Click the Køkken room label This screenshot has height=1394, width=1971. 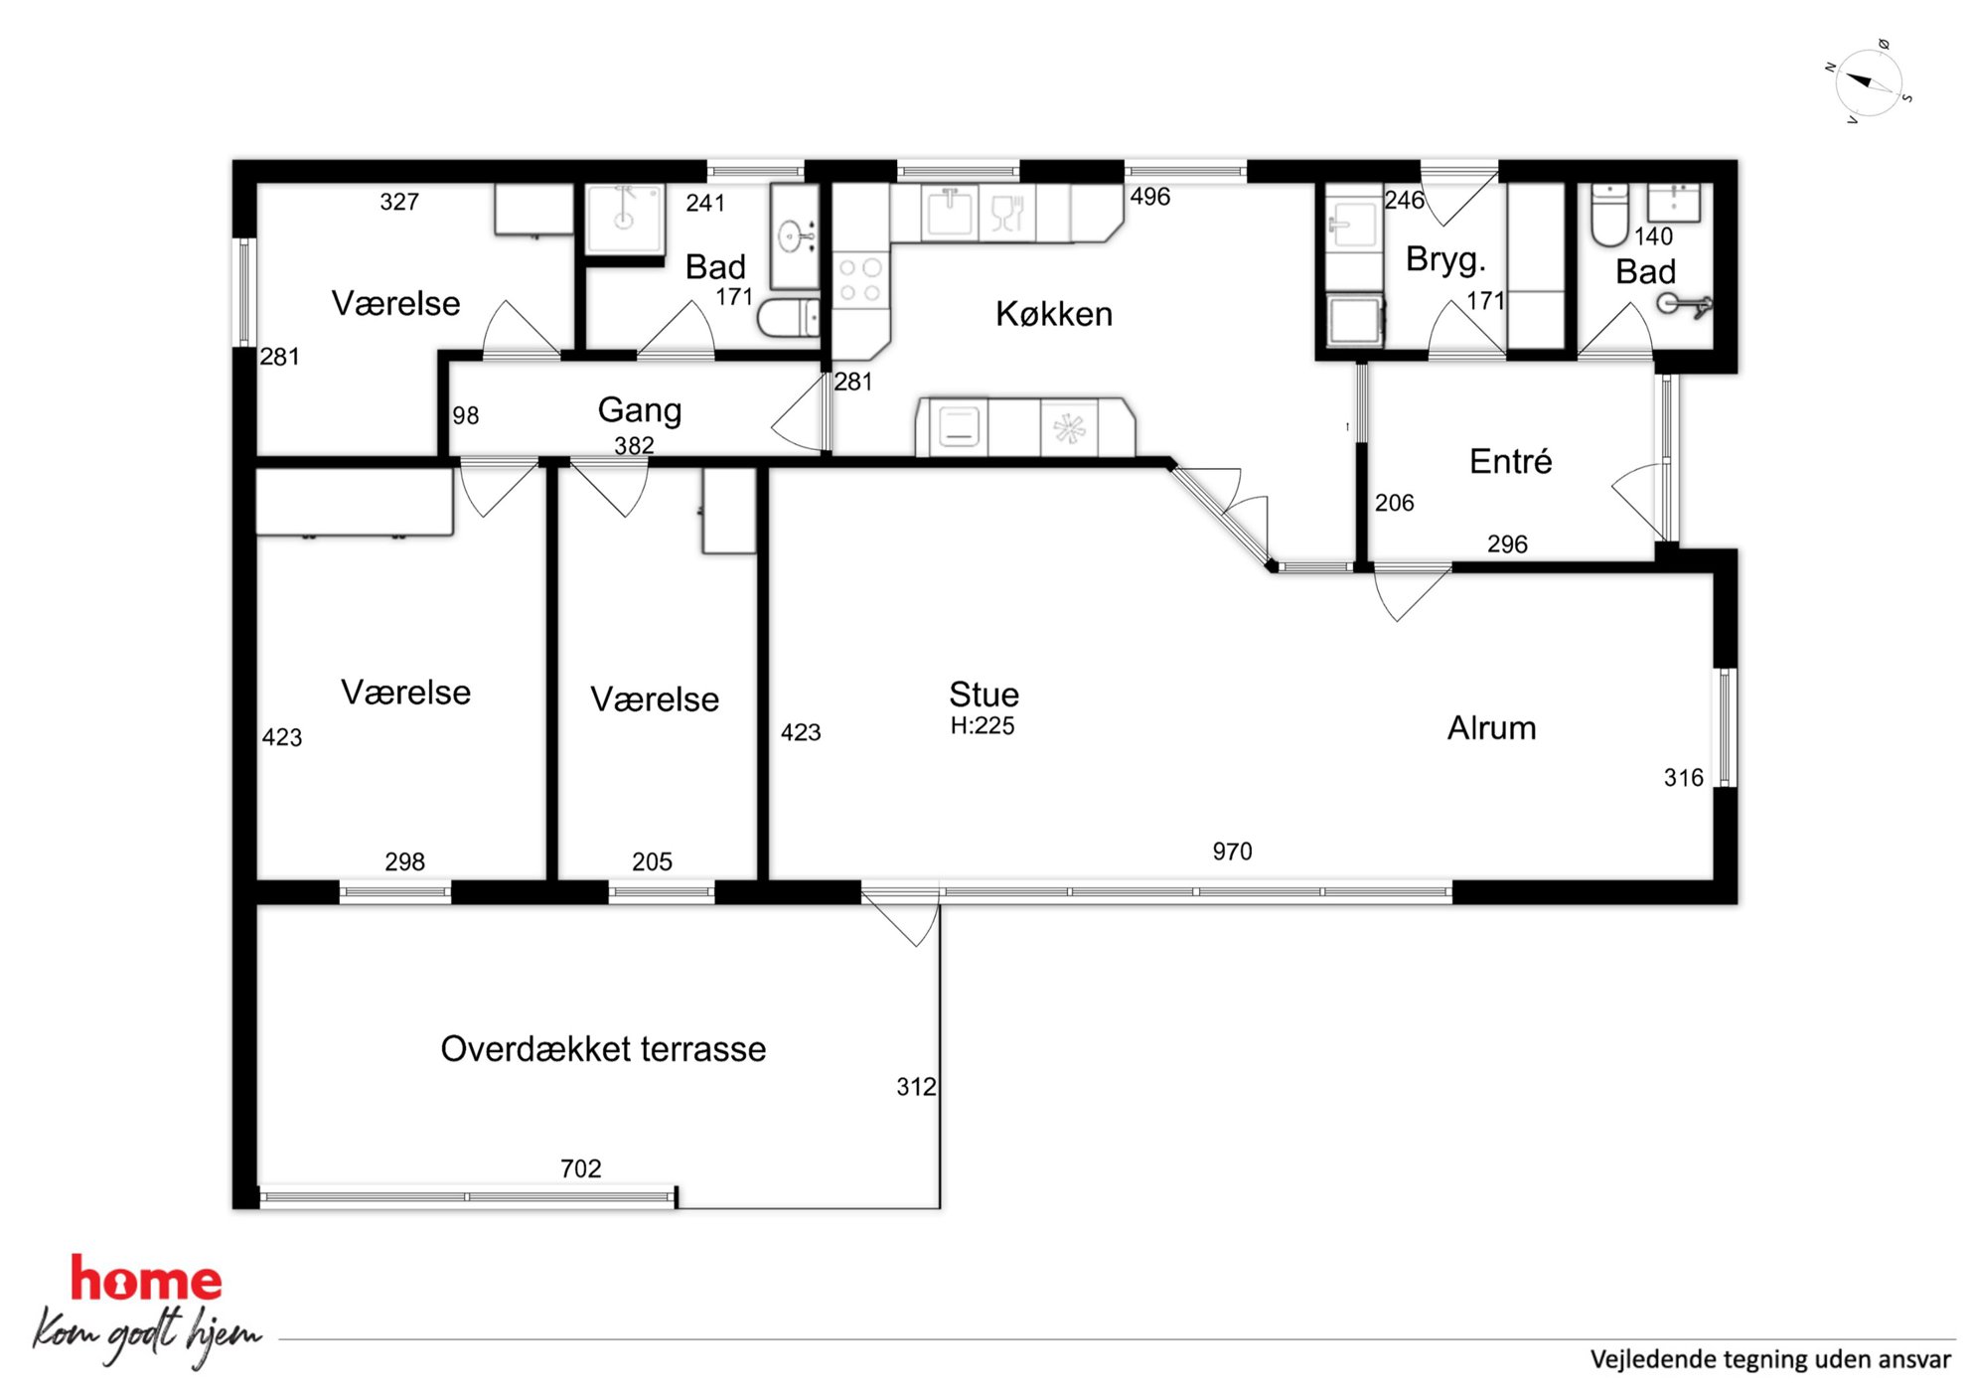[x=1053, y=314]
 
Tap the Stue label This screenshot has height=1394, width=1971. [x=984, y=694]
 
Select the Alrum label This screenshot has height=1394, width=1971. [x=1491, y=727]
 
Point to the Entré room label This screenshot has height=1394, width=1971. [x=1510, y=461]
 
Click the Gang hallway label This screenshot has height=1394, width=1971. [x=639, y=410]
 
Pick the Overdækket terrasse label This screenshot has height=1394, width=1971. [x=603, y=1049]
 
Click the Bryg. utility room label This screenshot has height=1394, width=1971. [x=1445, y=259]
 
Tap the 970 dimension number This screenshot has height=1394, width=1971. [x=1232, y=852]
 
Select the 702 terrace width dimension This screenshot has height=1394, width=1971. [x=581, y=1168]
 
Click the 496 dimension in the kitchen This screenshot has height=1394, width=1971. [x=1150, y=197]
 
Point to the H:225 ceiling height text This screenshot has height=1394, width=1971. [x=983, y=725]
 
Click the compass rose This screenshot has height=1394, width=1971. [x=1868, y=82]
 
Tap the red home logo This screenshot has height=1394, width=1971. [x=146, y=1280]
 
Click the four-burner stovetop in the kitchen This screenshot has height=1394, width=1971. [x=860, y=279]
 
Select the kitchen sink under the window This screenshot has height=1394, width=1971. [x=951, y=213]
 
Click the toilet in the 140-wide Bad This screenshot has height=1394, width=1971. [x=1609, y=215]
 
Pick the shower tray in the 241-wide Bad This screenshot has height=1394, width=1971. [x=624, y=218]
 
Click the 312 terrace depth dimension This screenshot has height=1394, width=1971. [x=916, y=1087]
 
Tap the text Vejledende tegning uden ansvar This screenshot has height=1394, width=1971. [x=1770, y=1359]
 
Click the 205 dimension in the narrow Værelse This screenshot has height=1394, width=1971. [x=652, y=861]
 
